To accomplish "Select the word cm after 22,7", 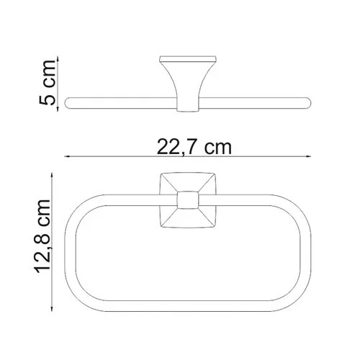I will tap(219, 148).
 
